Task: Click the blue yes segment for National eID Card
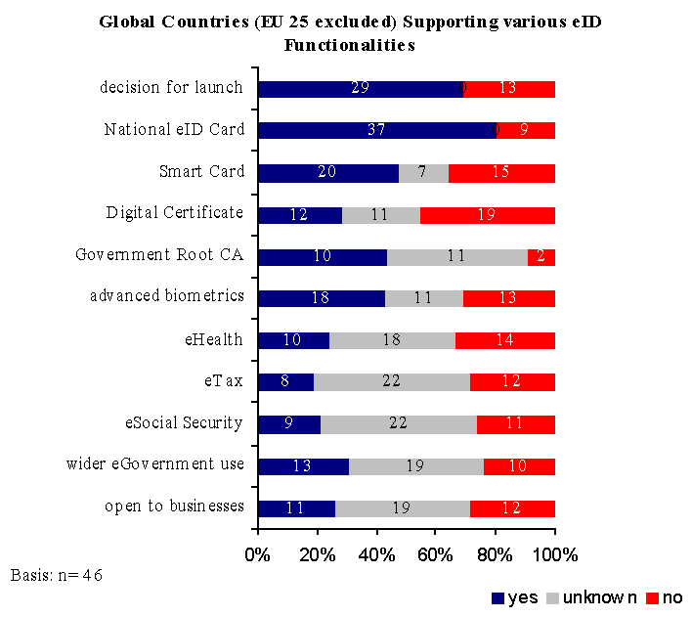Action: [376, 130]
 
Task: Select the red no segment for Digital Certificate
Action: [487, 214]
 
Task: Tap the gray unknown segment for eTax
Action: [391, 381]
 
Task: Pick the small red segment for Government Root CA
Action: [541, 256]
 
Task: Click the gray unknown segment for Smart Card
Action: [423, 172]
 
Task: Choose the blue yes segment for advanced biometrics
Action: [321, 298]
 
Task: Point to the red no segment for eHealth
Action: [504, 340]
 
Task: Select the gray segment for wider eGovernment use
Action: [415, 465]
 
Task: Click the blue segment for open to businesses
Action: [296, 507]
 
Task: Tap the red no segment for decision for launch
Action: [508, 89]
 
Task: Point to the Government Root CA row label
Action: [159, 255]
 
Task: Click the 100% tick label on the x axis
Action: [555, 555]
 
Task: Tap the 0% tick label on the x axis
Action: [258, 555]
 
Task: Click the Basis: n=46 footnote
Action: [56, 575]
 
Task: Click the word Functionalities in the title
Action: [350, 45]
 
